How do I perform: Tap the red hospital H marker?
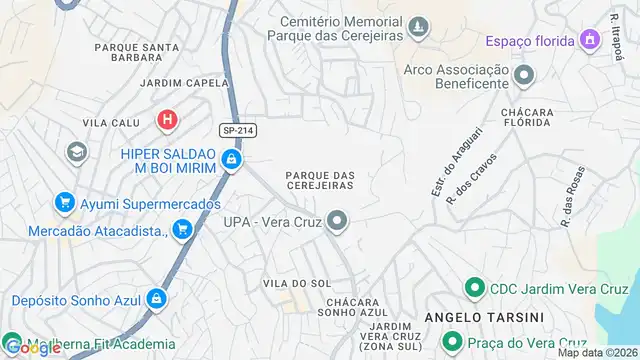(x=168, y=121)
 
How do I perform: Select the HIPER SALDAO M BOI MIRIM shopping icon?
(x=232, y=159)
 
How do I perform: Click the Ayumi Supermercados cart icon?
(x=66, y=203)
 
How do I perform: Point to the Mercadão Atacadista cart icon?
(x=181, y=231)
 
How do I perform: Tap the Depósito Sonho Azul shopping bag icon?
(x=157, y=299)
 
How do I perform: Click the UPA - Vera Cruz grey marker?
(x=338, y=221)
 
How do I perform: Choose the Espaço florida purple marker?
(x=590, y=40)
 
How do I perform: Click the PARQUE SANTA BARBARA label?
(x=136, y=53)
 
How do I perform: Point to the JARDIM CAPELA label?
(x=179, y=83)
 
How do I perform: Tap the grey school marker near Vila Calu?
(x=75, y=152)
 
